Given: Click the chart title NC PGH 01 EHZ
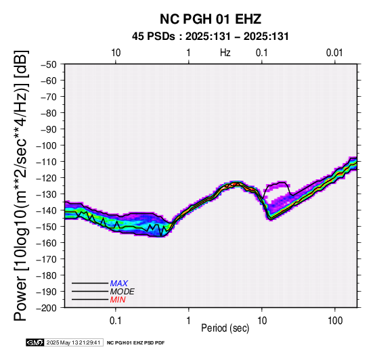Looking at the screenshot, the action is pyautogui.click(x=211, y=19).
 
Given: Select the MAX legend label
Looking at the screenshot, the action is pyautogui.click(x=119, y=284).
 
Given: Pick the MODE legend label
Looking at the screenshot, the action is pyautogui.click(x=123, y=292).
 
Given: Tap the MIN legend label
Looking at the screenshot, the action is pyautogui.click(x=118, y=300).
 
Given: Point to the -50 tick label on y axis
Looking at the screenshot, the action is pyautogui.click(x=49, y=64).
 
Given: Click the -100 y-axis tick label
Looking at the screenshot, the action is pyautogui.click(x=47, y=145).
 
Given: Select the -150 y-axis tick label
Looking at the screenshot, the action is pyautogui.click(x=47, y=226).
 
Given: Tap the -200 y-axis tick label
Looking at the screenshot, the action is pyautogui.click(x=47, y=308).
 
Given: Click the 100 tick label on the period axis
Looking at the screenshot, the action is pyautogui.click(x=335, y=321).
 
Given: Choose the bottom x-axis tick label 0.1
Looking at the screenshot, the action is pyautogui.click(x=116, y=321).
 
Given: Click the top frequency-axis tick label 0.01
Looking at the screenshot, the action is pyautogui.click(x=334, y=53).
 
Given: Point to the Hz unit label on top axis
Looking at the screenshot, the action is pyautogui.click(x=225, y=53).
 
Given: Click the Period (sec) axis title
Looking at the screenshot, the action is pyautogui.click(x=225, y=328).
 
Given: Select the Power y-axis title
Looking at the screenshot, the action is pyautogui.click(x=20, y=185).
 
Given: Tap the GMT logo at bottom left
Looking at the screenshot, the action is pyautogui.click(x=35, y=342).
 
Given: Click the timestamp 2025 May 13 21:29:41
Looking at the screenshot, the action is pyautogui.click(x=73, y=342).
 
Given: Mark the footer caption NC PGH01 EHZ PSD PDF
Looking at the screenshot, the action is pyautogui.click(x=135, y=343).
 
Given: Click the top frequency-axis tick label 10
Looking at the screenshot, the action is pyautogui.click(x=116, y=53).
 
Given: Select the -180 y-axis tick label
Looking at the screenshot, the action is pyautogui.click(x=47, y=275).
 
